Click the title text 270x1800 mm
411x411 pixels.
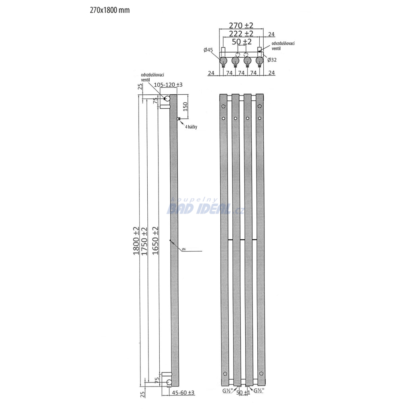110,10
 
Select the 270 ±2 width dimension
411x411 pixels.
241,25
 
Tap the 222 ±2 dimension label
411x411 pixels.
241,34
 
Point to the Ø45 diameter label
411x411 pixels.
208,50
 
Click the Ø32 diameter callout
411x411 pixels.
272,60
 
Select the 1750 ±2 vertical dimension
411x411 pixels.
144,241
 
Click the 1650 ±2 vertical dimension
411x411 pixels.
155,241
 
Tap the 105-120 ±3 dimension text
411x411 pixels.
168,85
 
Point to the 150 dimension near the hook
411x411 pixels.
185,106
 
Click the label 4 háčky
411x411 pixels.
191,127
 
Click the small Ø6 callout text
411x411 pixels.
184,249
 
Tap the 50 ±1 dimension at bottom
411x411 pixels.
243,393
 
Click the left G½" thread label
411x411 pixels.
228,391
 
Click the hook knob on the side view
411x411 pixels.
179,119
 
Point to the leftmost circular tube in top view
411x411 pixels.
224,61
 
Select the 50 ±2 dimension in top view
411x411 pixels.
242,42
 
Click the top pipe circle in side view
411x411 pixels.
167,99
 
